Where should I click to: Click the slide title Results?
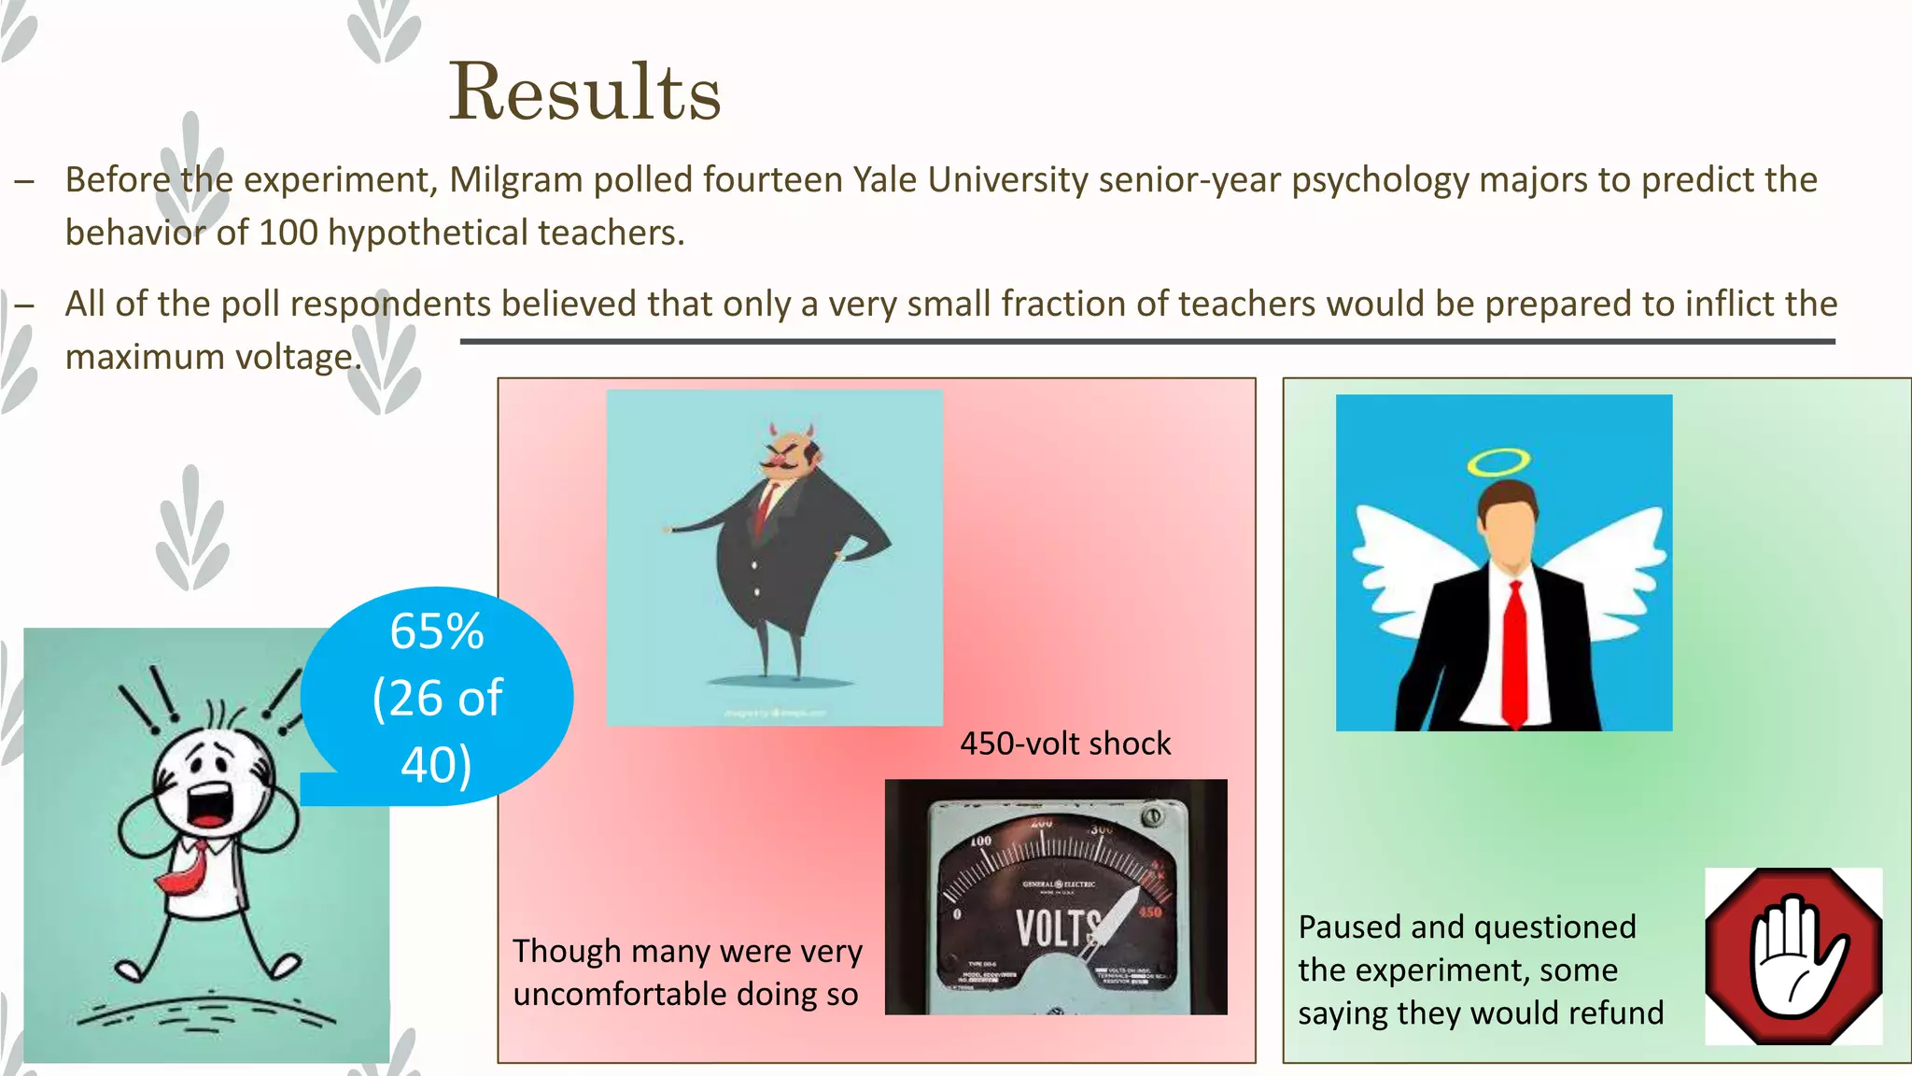(x=584, y=92)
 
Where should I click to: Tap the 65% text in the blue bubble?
(x=437, y=631)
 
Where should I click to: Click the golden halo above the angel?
(x=1497, y=461)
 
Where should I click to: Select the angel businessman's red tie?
(x=1514, y=654)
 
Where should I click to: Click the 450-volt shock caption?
(x=1064, y=743)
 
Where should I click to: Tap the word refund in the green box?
(x=1614, y=1013)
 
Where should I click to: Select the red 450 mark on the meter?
(x=1150, y=912)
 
